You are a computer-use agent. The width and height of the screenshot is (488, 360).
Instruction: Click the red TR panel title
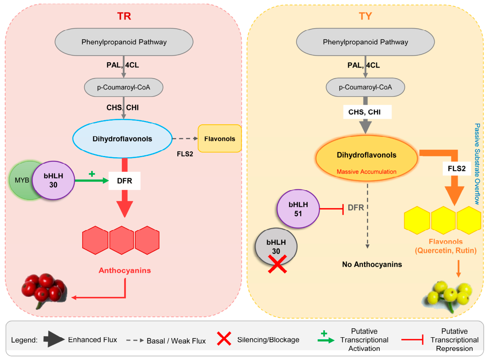pos(124,16)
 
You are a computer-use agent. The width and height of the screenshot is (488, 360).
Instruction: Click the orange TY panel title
pos(365,16)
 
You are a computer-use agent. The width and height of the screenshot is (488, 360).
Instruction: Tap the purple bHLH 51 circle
pos(298,209)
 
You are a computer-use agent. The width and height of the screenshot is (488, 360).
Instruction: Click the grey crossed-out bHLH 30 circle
pos(276,246)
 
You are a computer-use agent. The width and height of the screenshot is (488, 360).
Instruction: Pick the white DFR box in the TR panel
pos(125,181)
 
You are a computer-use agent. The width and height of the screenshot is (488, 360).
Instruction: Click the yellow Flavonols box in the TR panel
pos(220,138)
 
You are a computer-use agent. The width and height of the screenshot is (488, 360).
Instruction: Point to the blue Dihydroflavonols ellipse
pos(122,138)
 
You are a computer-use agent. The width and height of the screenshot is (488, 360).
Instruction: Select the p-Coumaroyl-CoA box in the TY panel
pos(365,87)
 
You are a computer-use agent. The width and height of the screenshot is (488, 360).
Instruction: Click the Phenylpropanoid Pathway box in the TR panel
pos(124,42)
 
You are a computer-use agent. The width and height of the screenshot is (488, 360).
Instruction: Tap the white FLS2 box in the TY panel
pos(457,169)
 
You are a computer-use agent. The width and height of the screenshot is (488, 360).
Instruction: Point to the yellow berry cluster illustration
pos(448,296)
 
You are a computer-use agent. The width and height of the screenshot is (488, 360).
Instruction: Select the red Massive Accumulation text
pos(367,172)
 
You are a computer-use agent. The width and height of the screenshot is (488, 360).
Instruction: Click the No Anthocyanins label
pos(372,264)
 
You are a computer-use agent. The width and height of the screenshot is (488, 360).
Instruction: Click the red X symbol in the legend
pos(224,338)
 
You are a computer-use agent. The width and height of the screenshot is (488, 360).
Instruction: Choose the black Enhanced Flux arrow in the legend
pos(54,339)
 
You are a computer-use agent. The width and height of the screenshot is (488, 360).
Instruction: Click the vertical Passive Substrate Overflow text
pos(477,164)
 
